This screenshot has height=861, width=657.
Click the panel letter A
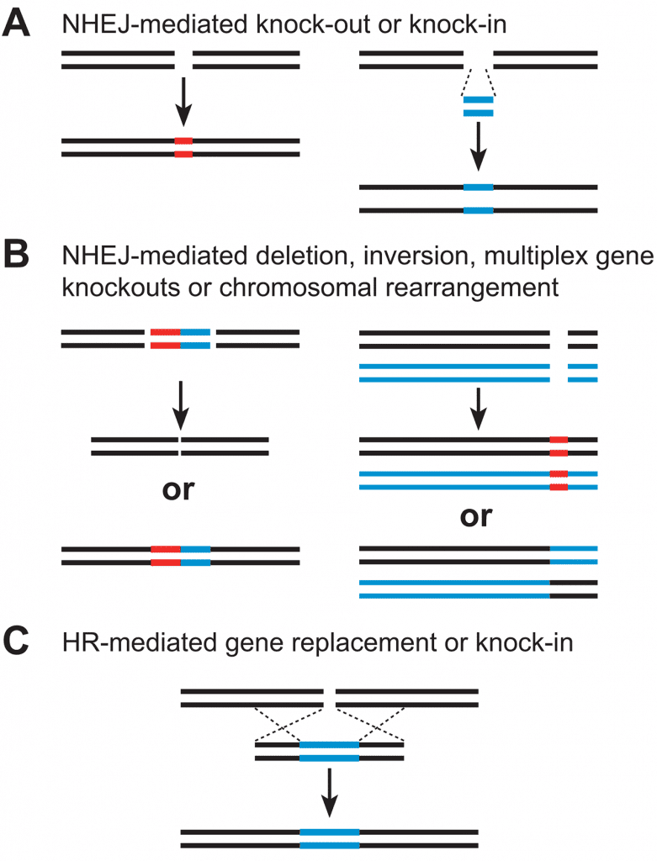tap(16, 24)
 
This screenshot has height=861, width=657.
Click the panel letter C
tap(16, 641)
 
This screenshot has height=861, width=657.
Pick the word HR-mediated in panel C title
tap(140, 642)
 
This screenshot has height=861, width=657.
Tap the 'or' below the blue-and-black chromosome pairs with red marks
tap(476, 517)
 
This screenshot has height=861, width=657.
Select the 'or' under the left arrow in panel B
tap(178, 490)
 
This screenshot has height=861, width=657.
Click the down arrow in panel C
tap(329, 792)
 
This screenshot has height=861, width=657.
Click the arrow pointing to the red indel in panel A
tap(183, 102)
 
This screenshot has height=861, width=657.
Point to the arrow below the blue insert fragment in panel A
tap(479, 146)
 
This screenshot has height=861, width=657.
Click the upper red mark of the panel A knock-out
tap(183, 141)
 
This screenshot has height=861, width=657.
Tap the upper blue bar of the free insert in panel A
tap(478, 100)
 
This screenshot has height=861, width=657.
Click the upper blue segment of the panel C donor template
tap(329, 745)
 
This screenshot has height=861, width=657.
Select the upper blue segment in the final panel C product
tap(329, 832)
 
